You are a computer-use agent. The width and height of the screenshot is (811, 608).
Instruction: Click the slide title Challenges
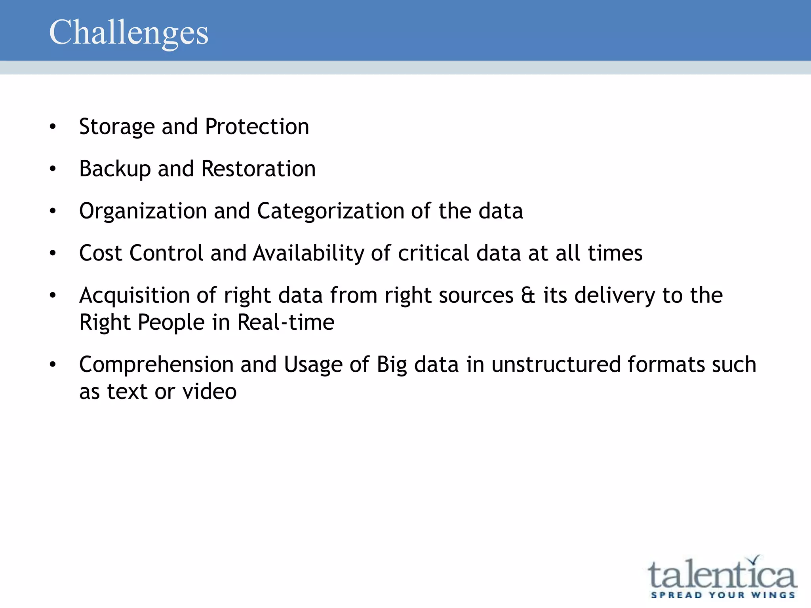(x=128, y=32)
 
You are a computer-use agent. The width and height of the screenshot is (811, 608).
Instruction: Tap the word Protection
(x=257, y=127)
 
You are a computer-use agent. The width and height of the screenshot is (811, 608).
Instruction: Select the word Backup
(x=115, y=169)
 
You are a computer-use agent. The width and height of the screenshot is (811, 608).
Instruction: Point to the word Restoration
(x=258, y=169)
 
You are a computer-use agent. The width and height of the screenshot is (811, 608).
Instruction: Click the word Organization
(x=143, y=211)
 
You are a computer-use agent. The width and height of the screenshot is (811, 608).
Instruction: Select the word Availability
(x=308, y=253)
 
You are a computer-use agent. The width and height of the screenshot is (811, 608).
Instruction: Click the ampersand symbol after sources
(x=528, y=296)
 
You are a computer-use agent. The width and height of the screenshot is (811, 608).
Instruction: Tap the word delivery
(x=615, y=296)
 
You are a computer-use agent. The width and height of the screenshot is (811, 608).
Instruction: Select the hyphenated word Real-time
(x=286, y=322)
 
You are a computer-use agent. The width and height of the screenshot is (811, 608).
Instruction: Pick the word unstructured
(x=556, y=365)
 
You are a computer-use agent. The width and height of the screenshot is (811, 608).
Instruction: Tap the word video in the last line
(x=209, y=392)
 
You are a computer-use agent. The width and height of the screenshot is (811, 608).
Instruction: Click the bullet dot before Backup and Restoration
(x=53, y=169)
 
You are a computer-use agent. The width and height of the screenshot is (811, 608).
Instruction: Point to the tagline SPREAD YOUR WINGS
(x=723, y=595)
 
